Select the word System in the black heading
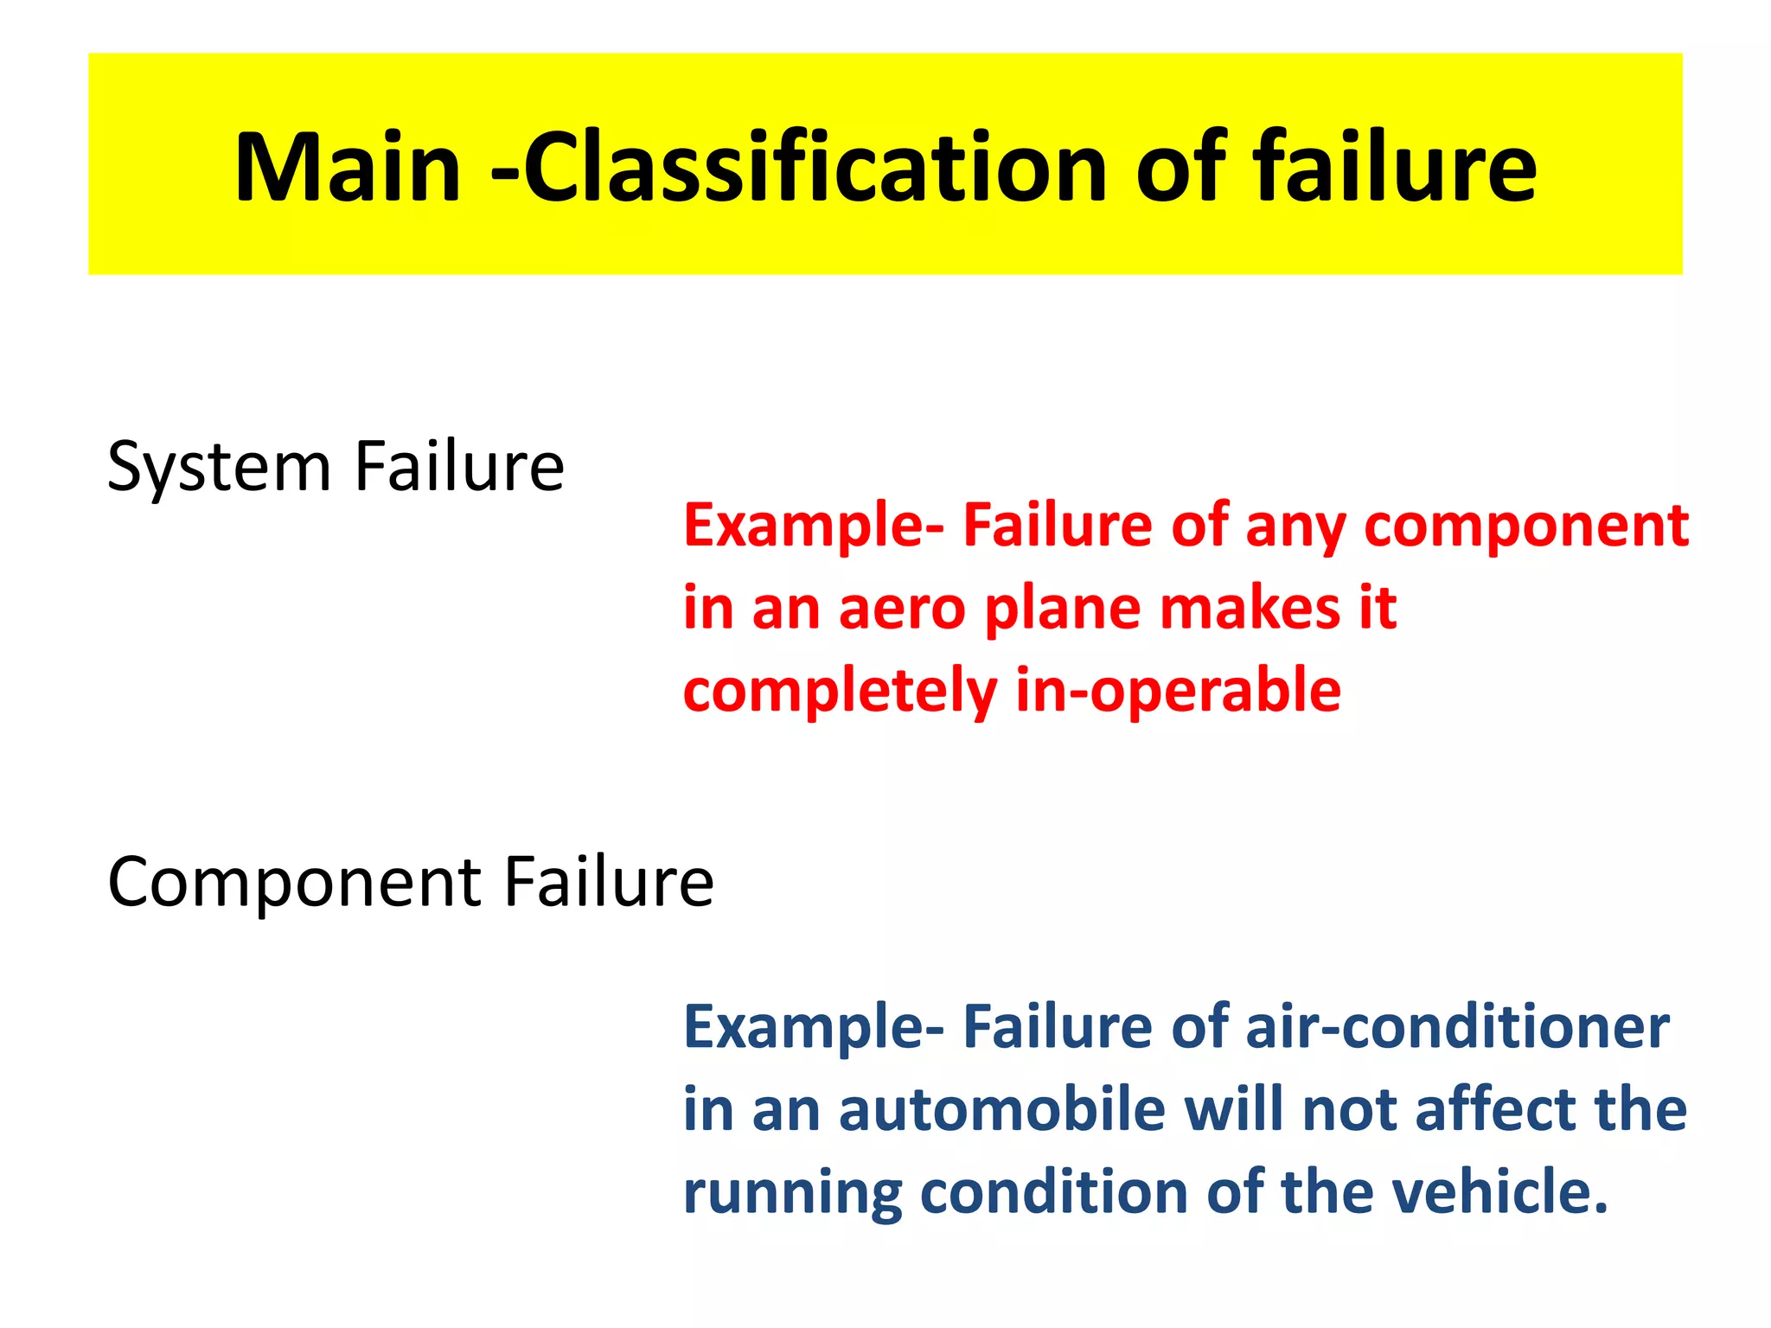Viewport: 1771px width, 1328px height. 220,467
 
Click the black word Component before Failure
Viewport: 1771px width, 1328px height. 294,882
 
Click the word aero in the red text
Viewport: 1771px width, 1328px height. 902,608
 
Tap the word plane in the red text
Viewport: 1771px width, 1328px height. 1062,608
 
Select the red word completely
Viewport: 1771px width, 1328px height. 840,692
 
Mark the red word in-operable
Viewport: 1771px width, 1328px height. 1178,691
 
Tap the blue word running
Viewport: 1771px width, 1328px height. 792,1193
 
